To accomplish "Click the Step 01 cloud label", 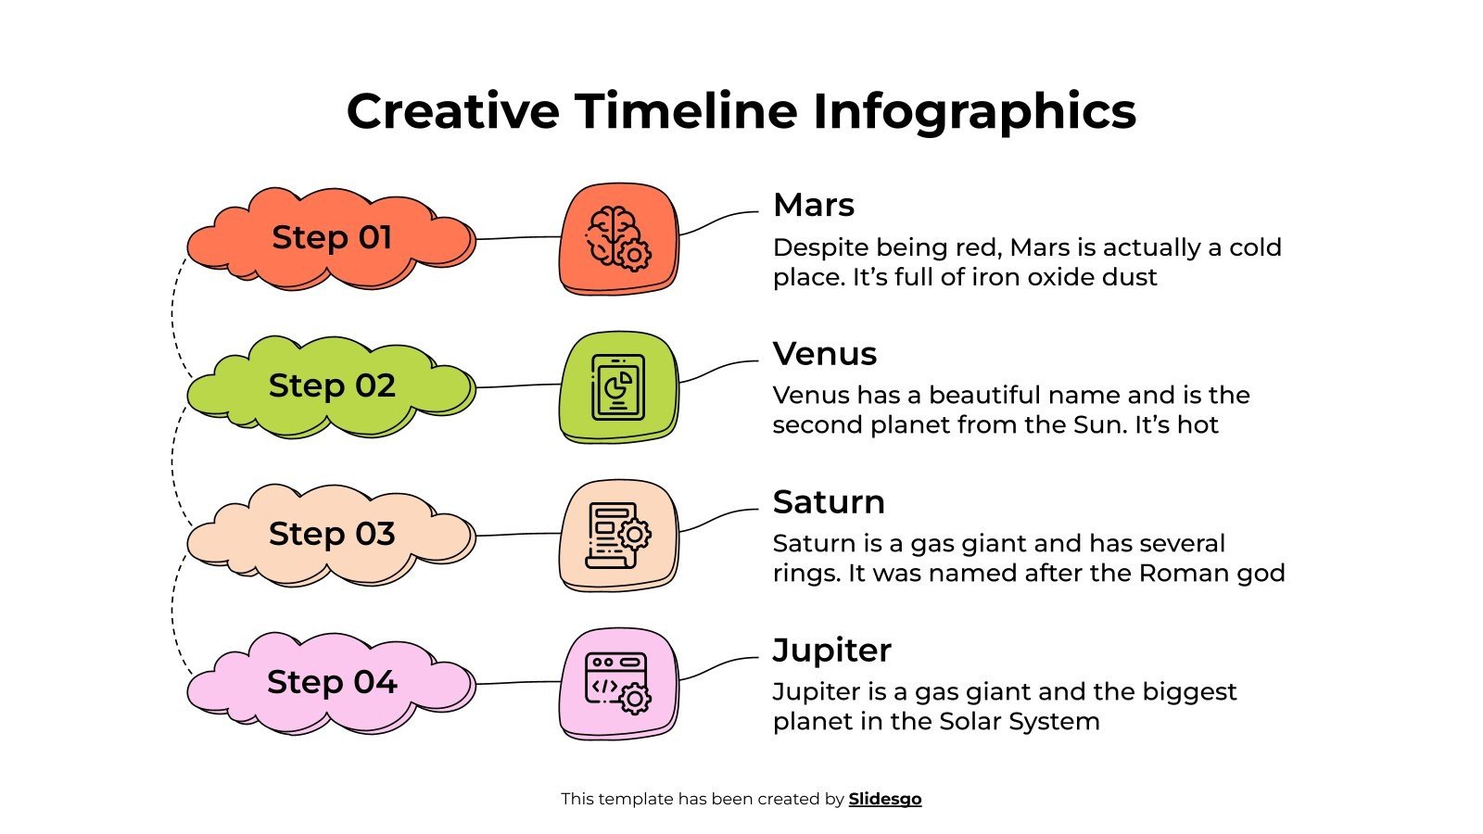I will coord(331,238).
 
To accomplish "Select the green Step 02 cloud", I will coord(331,386).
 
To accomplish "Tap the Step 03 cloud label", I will coord(331,535).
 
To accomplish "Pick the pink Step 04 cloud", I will coord(331,683).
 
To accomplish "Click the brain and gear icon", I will coord(618,238).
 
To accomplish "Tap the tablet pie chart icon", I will coord(618,386).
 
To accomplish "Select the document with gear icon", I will coord(618,535).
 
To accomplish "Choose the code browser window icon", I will coord(618,683).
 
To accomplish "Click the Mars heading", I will coord(813,205).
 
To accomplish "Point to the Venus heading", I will coord(824,353).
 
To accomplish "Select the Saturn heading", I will coord(829,501).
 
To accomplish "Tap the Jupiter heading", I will coord(831,650).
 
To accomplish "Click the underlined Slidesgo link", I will coord(884,799).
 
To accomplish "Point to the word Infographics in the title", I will coord(974,111).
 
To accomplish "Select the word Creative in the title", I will coord(452,111).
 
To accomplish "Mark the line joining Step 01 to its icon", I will coord(518,238).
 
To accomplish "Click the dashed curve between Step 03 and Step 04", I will coord(173,612).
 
